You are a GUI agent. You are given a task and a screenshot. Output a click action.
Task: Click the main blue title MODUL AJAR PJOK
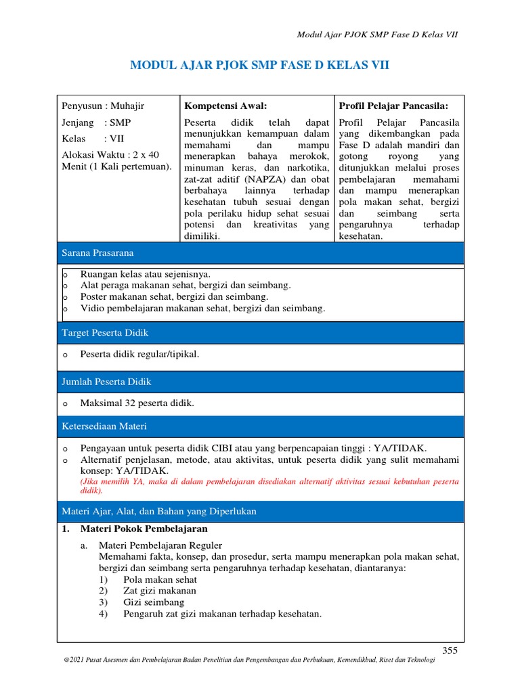click(x=259, y=65)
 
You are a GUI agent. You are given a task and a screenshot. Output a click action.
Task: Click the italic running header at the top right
click(x=378, y=35)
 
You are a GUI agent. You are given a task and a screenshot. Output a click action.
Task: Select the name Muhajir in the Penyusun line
click(x=127, y=106)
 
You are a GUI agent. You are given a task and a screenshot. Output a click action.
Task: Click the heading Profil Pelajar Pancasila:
click(x=393, y=106)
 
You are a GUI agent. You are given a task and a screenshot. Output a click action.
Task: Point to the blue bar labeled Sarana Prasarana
click(x=261, y=252)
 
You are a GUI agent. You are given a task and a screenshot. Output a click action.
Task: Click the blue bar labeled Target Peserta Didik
click(x=261, y=333)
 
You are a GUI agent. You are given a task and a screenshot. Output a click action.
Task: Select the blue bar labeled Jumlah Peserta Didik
click(x=261, y=382)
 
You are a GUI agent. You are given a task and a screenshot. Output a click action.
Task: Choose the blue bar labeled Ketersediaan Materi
click(x=261, y=426)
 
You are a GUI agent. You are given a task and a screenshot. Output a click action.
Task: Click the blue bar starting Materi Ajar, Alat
click(x=261, y=512)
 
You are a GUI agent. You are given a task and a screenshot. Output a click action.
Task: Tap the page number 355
click(x=450, y=650)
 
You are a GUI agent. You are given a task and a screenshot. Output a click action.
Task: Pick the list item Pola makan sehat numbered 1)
click(x=160, y=579)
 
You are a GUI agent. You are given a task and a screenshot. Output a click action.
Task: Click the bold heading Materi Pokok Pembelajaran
click(x=144, y=529)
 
